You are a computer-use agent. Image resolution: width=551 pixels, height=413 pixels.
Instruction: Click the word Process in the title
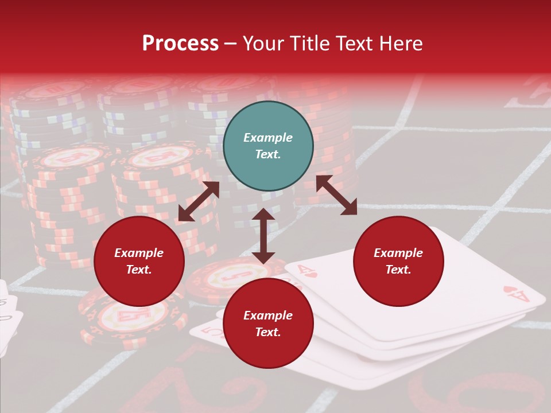pyautogui.click(x=180, y=44)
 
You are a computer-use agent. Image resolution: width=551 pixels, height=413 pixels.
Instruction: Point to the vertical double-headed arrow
pyautogui.click(x=263, y=236)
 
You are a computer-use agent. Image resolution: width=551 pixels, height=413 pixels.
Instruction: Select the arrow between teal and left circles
pyautogui.click(x=199, y=201)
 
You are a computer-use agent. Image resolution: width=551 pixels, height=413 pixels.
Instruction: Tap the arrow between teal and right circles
pyautogui.click(x=336, y=195)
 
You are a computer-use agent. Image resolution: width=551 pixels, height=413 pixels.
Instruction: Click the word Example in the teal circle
pyautogui.click(x=268, y=138)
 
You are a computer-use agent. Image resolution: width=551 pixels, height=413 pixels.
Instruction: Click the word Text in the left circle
pyautogui.click(x=139, y=270)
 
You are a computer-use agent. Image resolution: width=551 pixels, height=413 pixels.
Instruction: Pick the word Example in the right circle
pyautogui.click(x=398, y=253)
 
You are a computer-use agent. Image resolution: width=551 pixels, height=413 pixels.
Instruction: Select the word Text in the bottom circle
pyautogui.click(x=268, y=332)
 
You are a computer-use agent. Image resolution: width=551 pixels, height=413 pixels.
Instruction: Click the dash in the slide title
pyautogui.click(x=231, y=44)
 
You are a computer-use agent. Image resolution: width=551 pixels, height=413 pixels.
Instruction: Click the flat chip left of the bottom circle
pyautogui.click(x=133, y=314)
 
